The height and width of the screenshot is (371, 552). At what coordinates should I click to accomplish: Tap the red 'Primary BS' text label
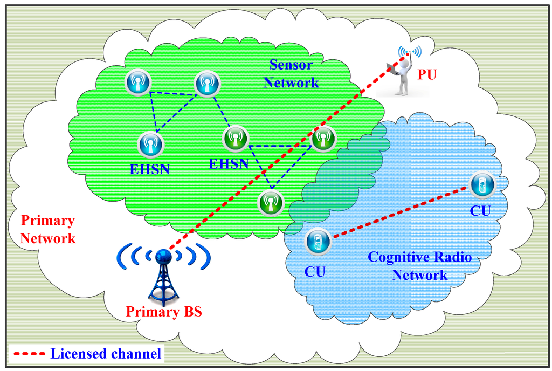pyautogui.click(x=163, y=312)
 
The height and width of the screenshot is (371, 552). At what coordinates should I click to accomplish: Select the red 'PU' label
pyautogui.click(x=426, y=74)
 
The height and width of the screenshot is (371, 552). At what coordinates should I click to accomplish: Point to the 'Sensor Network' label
pyautogui.click(x=294, y=74)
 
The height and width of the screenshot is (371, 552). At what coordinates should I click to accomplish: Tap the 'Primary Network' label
pyautogui.click(x=47, y=229)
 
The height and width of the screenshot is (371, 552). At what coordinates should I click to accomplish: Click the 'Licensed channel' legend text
pyautogui.click(x=106, y=354)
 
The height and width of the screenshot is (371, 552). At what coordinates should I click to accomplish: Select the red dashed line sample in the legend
pyautogui.click(x=28, y=354)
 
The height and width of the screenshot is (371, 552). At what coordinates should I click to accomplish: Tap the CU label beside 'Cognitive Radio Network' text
pyautogui.click(x=315, y=271)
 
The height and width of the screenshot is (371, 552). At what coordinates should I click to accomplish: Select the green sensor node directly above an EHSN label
pyautogui.click(x=236, y=139)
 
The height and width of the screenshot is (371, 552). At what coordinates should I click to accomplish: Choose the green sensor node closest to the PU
pyautogui.click(x=323, y=139)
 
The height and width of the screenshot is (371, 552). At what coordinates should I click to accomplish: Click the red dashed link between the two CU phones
pyautogui.click(x=399, y=212)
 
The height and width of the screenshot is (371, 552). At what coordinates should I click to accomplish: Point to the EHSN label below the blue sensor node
pyautogui.click(x=150, y=169)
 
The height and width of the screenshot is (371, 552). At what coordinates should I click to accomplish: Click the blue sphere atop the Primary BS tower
pyautogui.click(x=163, y=257)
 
